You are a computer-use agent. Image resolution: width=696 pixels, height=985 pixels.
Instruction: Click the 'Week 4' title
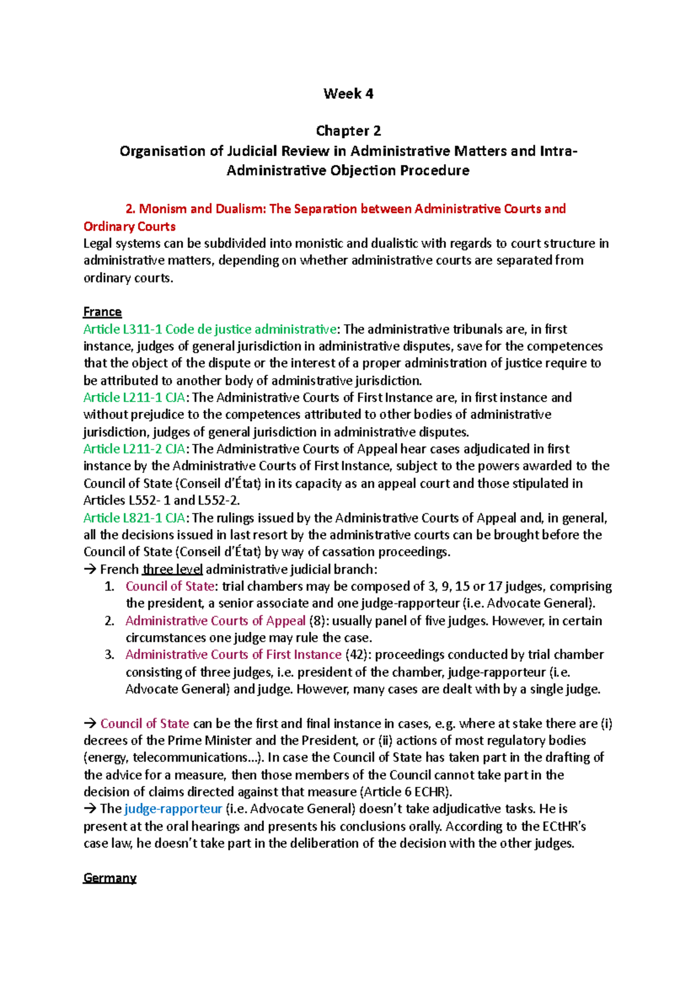348,94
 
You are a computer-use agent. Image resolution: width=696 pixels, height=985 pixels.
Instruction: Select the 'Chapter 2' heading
348,131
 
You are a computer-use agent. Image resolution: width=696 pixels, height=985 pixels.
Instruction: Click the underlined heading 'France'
102,312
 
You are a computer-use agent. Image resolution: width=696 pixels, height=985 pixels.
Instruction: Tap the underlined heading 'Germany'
110,878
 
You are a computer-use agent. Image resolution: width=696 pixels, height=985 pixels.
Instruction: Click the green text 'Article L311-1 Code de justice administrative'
209,329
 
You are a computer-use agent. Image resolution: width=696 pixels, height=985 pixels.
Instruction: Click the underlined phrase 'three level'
172,570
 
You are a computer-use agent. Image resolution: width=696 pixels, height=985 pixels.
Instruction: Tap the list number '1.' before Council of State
110,586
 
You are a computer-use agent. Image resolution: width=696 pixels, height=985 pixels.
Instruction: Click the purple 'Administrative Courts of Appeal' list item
215,621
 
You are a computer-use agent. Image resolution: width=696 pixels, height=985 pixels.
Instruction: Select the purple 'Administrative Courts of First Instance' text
233,655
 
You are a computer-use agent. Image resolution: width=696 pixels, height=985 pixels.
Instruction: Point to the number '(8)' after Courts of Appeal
317,621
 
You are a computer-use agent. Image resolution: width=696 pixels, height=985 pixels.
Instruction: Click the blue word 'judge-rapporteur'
173,809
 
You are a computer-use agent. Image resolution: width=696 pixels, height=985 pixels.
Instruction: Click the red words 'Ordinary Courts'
129,227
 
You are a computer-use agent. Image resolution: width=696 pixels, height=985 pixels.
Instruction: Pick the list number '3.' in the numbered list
110,655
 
